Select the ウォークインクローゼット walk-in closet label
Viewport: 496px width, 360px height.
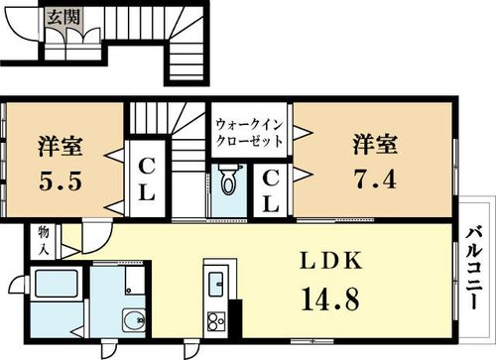point(250,131)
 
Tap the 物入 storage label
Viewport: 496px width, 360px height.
point(44,240)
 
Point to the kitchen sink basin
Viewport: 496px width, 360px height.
point(213,283)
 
